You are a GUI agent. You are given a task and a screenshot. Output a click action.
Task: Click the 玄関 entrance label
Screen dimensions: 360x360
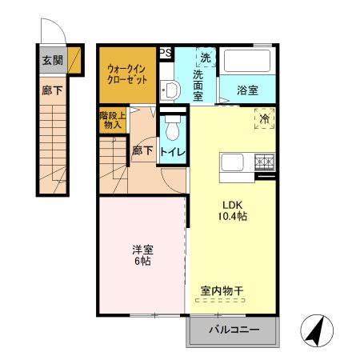pos(52,60)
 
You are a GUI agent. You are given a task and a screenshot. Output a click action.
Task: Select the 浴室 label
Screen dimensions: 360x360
pos(247,91)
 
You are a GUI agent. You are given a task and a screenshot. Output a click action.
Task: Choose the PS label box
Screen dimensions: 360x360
pos(166,53)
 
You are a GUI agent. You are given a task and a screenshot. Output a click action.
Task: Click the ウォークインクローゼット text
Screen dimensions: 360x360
pos(126,74)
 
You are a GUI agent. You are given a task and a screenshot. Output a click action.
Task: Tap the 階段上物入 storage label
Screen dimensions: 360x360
pos(110,120)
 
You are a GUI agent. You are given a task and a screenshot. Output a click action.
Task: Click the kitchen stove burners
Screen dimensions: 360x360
pos(264,163)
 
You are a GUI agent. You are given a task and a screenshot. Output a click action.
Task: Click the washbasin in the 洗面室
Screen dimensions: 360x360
pos(168,88)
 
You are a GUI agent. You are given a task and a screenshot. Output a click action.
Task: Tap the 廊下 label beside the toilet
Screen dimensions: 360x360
pos(142,150)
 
